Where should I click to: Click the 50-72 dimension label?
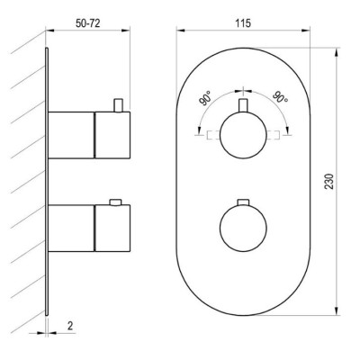pos(87,23)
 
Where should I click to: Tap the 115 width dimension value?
pos(243,23)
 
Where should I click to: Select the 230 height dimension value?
pos(329,181)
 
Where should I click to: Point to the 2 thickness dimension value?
pos(70,326)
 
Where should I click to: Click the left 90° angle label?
pos(205,99)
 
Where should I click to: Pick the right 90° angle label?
pos(281,96)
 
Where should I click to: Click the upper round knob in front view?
pos(243,135)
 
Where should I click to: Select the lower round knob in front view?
pos(243,228)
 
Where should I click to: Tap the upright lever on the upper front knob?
pos(243,105)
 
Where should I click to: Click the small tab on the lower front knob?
pos(243,202)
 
